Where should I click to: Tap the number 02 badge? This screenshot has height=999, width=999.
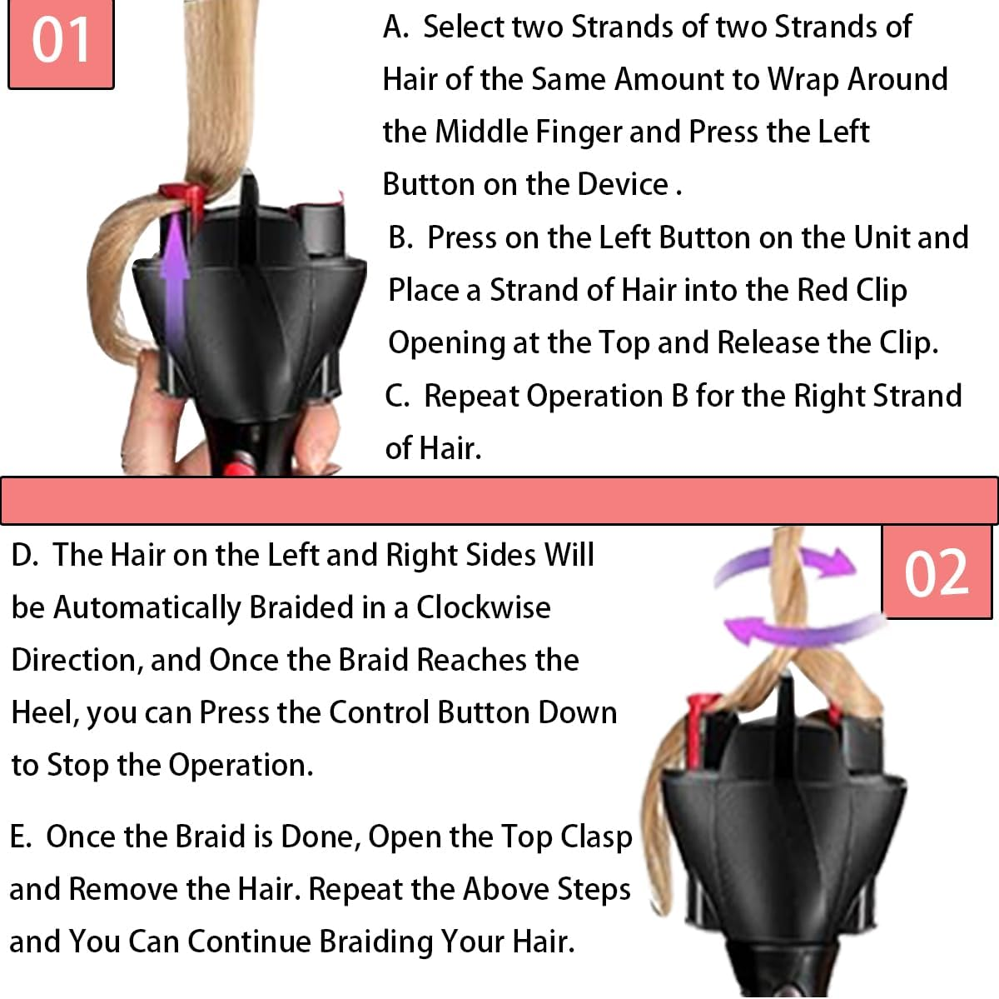click(937, 573)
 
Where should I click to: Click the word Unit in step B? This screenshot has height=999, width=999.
click(881, 237)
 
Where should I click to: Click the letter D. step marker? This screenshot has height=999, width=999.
click(25, 555)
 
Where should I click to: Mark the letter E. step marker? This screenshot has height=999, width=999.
click(21, 837)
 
